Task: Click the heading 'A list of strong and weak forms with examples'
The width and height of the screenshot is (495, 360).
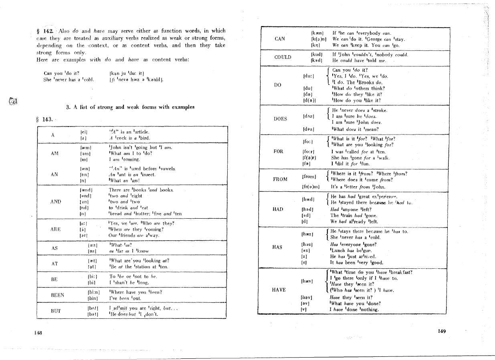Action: (x=130, y=107)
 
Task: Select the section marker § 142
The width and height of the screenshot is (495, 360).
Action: (x=44, y=31)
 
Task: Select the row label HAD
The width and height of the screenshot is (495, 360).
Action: (x=278, y=209)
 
